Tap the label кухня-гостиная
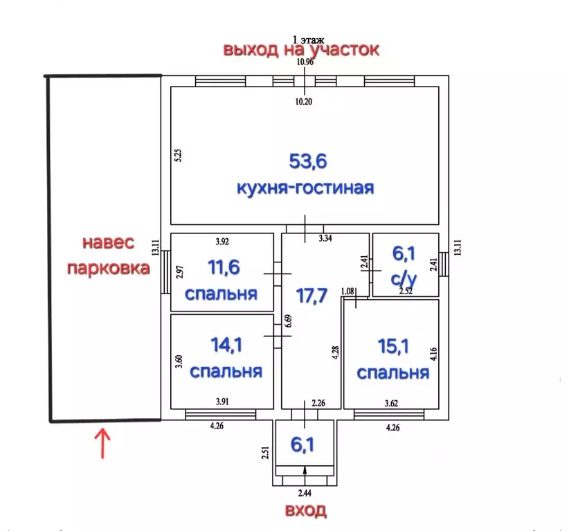[305, 188]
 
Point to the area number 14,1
[226, 345]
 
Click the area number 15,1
[392, 345]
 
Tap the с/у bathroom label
[402, 279]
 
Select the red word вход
[305, 512]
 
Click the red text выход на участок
[300, 50]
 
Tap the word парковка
[108, 268]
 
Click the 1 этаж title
[308, 39]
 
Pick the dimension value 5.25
[178, 155]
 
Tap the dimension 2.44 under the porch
[305, 493]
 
